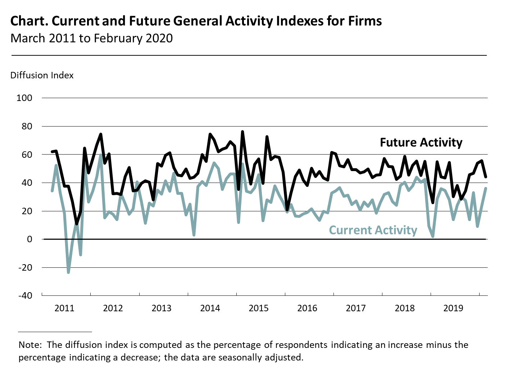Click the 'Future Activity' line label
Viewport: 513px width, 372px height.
click(x=421, y=142)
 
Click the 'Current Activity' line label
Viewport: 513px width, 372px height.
click(x=373, y=230)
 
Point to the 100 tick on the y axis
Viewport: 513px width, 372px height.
click(x=24, y=98)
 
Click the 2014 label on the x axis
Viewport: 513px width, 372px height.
click(x=210, y=308)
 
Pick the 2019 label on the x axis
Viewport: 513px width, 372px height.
click(x=453, y=308)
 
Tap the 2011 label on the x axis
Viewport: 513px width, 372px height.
click(x=64, y=308)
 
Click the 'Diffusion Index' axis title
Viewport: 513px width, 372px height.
click(x=42, y=75)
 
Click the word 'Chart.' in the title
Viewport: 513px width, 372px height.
click(x=29, y=21)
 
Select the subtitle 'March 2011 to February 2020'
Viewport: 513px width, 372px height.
click(x=91, y=38)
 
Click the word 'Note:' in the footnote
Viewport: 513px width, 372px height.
click(x=30, y=345)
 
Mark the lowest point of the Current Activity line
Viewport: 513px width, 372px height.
click(x=68, y=272)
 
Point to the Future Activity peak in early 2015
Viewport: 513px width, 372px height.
click(x=242, y=132)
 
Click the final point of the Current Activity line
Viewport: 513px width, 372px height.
click(x=486, y=188)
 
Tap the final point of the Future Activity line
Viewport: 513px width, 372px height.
click(x=486, y=177)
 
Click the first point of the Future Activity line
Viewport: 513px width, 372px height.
click(x=52, y=152)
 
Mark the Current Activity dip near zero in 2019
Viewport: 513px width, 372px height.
click(x=433, y=236)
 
